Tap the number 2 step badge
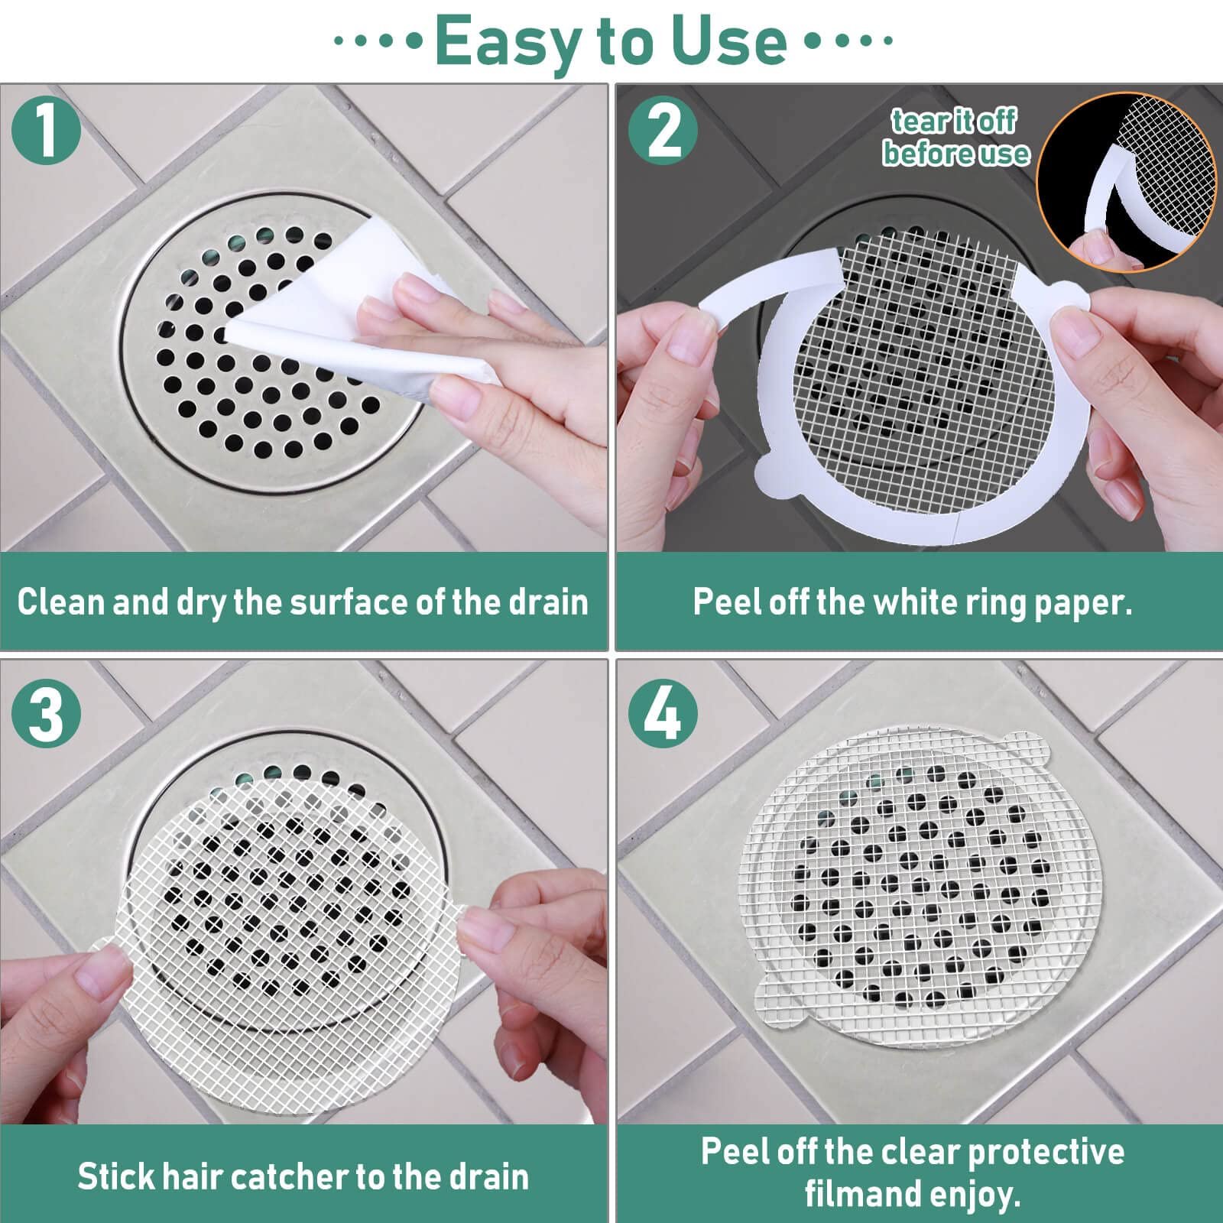[x=663, y=131]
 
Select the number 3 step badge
[x=47, y=714]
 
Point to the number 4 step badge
[x=663, y=714]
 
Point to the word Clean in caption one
[x=61, y=602]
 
